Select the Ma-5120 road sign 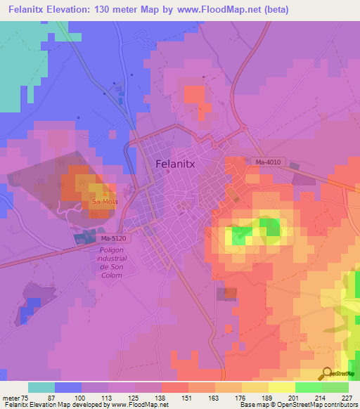coord(88,239)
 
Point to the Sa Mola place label coord(103,202)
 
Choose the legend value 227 coord(348,397)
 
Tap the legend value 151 coord(188,397)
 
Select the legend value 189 coord(269,397)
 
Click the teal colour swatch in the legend coord(41,387)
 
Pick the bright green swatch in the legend coord(308,387)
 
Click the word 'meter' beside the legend coord(12,397)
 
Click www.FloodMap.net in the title coord(217,10)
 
